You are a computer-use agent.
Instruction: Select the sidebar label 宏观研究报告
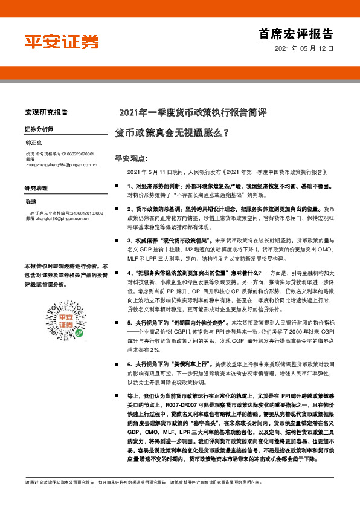(46, 112)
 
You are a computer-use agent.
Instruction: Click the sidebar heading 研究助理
(35, 188)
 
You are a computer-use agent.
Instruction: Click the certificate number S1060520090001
(76, 154)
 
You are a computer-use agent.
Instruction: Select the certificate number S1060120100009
(77, 213)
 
